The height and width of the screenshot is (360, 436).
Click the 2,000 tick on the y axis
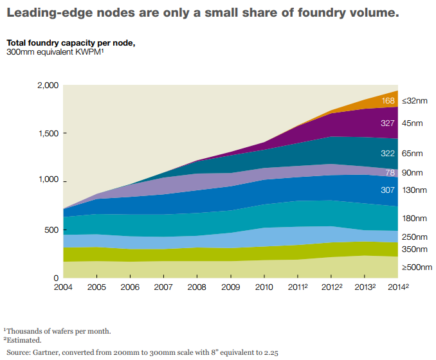(x=48, y=85)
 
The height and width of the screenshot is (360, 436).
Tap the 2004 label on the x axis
(x=64, y=287)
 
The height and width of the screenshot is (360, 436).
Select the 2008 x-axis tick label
(x=197, y=287)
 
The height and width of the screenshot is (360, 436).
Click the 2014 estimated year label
(x=398, y=287)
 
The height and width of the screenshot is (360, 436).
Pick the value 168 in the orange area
(x=388, y=101)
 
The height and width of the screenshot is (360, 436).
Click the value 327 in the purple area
(x=388, y=123)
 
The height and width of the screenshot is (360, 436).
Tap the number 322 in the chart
(x=388, y=154)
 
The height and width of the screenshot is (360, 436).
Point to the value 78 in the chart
(x=390, y=173)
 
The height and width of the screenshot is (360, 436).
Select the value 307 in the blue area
(x=388, y=190)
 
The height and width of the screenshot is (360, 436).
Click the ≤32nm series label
(x=413, y=101)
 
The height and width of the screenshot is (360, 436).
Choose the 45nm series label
(x=412, y=123)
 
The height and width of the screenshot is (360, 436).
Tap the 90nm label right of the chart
(x=412, y=173)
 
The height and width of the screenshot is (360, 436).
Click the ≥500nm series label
(x=416, y=267)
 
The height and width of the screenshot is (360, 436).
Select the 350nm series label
(x=414, y=249)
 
